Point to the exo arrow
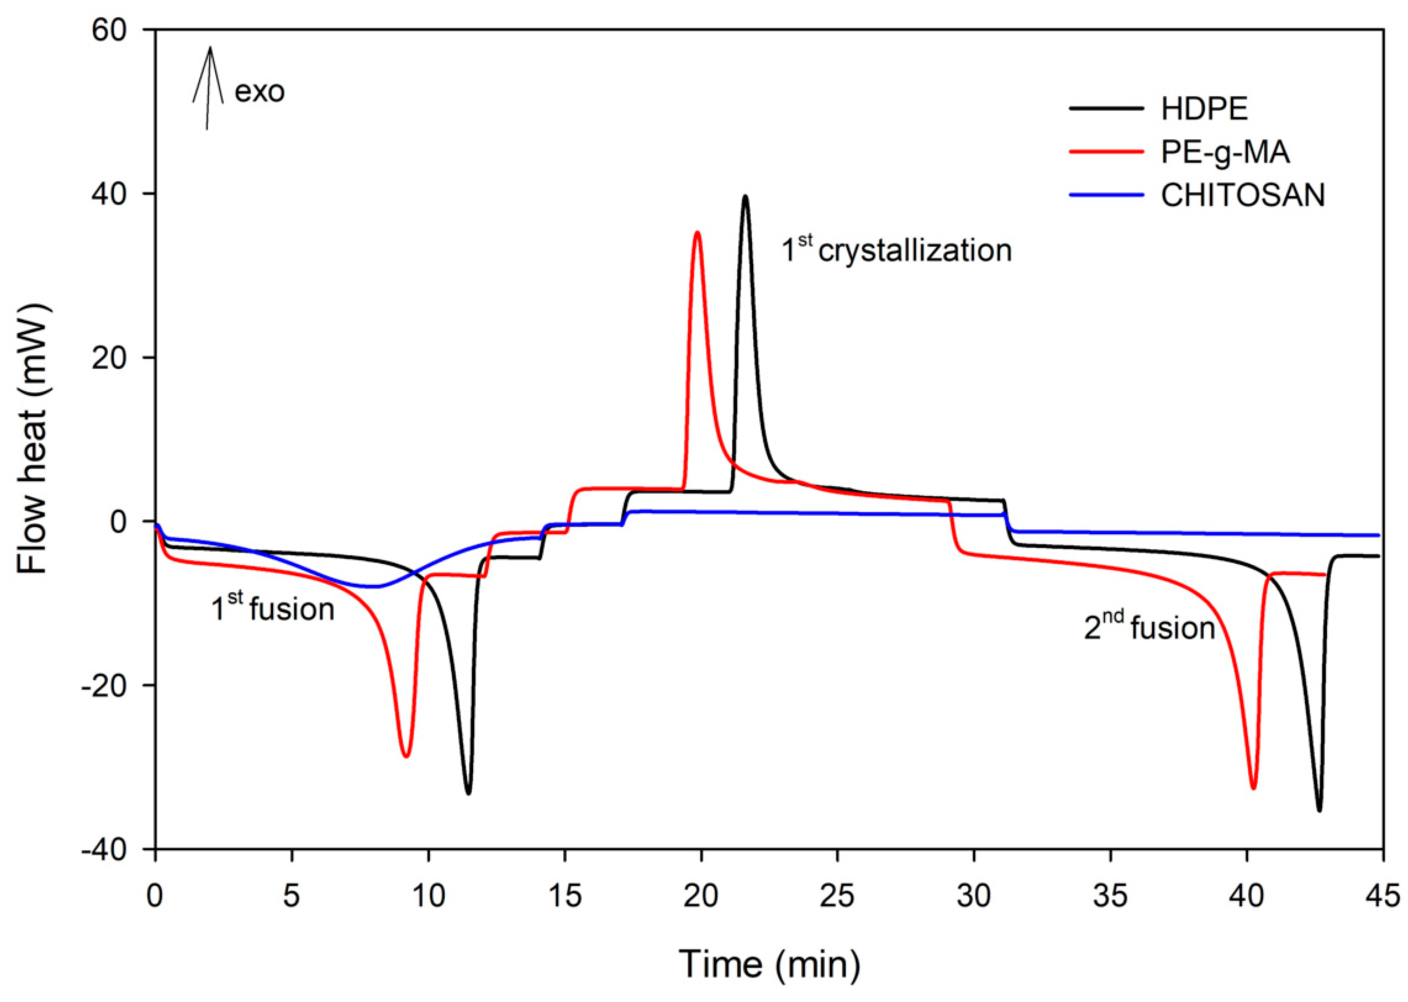(x=209, y=86)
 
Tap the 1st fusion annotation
(x=273, y=608)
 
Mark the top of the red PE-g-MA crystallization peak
(x=697, y=233)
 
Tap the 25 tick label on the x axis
(x=837, y=896)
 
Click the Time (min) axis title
(x=769, y=964)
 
